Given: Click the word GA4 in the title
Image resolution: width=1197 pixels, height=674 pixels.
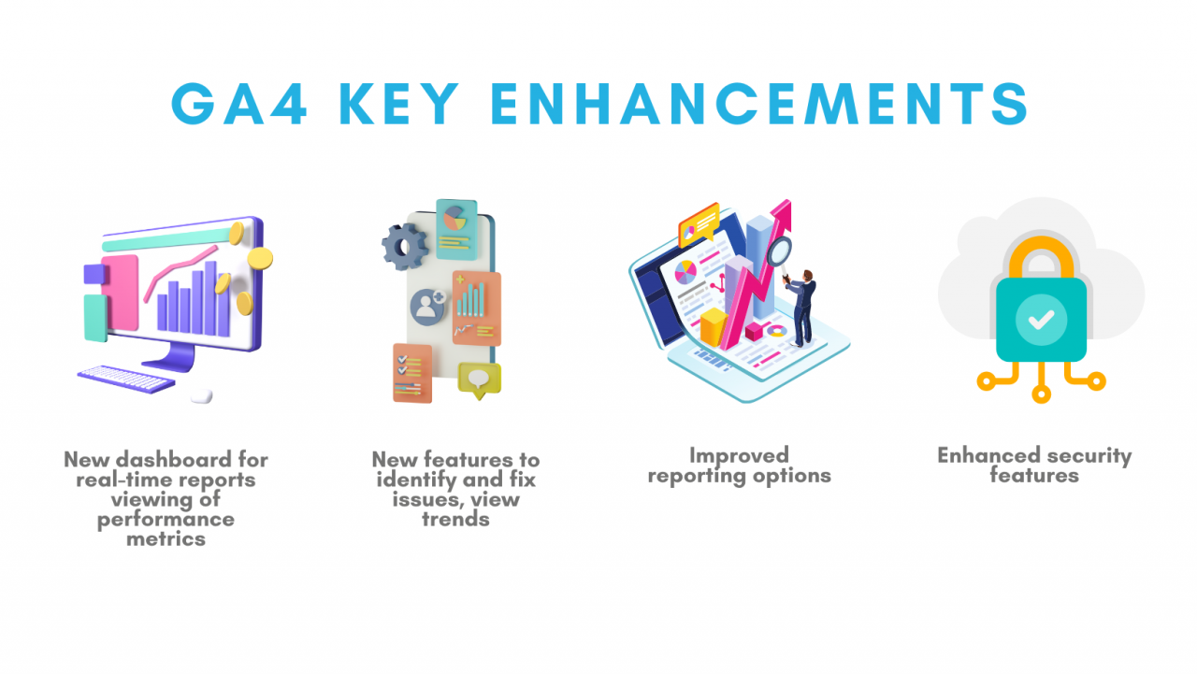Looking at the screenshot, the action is click(238, 104).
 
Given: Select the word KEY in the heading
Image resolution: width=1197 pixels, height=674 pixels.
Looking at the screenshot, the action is click(399, 104).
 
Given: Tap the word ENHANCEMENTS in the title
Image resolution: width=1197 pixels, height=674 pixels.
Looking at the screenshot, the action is click(759, 104).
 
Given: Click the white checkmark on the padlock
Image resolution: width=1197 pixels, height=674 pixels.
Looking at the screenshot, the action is click(1041, 320).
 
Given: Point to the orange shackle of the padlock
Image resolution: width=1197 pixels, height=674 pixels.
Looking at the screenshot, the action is click(1041, 251).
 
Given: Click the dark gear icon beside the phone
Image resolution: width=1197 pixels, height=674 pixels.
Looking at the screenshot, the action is click(405, 247).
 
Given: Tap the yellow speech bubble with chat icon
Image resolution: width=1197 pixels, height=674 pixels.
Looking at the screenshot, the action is click(480, 380).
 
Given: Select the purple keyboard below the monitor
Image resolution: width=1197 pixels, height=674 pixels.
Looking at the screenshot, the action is click(126, 379).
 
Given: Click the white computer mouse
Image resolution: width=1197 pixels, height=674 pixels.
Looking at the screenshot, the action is click(201, 395).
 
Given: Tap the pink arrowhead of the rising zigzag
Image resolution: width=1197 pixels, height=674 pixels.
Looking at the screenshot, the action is click(781, 212).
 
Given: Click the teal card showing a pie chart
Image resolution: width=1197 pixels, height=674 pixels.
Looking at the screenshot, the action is click(456, 229).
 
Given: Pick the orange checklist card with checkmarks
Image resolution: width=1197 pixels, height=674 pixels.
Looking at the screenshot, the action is click(412, 373).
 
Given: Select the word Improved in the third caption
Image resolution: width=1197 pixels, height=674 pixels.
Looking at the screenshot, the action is click(739, 455).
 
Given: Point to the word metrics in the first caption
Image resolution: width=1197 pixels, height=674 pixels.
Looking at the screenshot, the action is click(166, 538).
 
